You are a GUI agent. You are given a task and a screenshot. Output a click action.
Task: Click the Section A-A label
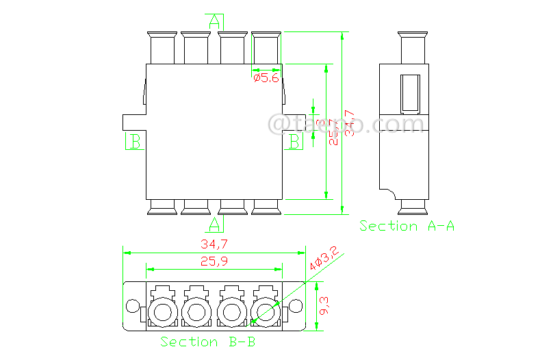pos(407,226)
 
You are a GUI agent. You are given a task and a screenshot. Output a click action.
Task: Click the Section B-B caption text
pos(208,342)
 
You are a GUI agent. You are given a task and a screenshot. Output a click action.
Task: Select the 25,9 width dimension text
pos(214,261)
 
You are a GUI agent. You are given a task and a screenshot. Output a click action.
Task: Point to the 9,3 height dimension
pos(324,305)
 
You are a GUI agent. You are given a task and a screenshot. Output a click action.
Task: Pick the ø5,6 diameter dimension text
pos(266,79)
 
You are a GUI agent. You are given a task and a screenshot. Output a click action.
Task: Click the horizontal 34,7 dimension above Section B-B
pos(214,244)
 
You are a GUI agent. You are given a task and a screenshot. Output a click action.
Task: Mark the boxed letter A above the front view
pos(216,21)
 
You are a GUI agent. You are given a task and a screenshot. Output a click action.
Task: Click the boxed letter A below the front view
pos(215,224)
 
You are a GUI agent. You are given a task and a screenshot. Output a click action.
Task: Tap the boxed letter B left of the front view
pos(135,142)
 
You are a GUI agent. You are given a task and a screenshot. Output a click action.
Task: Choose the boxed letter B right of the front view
pos(294,142)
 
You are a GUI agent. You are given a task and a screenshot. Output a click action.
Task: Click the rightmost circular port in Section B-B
pos(263,313)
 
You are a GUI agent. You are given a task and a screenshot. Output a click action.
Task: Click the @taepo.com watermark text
pos(348,124)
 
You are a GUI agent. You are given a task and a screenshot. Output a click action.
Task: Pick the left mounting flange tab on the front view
pos(133,121)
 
